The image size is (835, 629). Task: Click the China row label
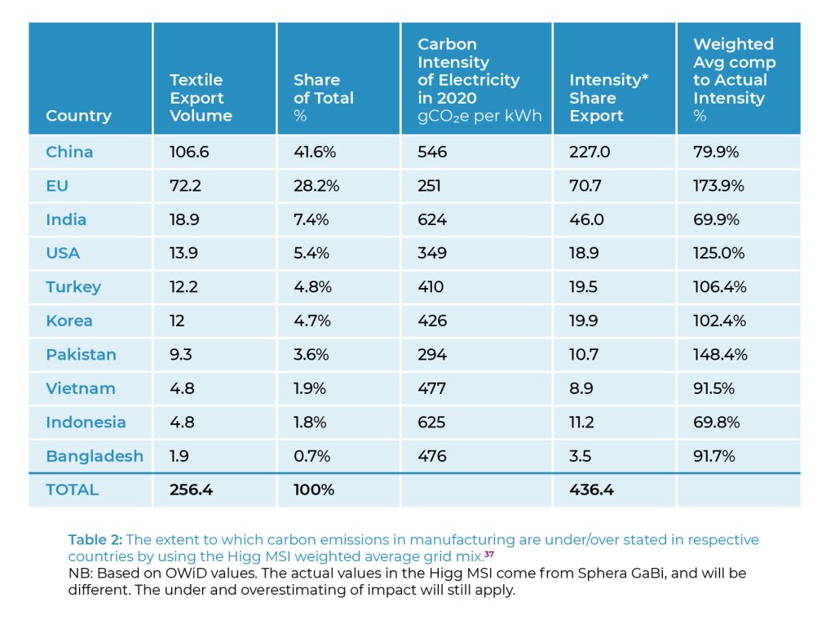coord(69,152)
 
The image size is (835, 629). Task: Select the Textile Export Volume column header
coord(201,98)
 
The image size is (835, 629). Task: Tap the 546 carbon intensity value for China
coord(432,152)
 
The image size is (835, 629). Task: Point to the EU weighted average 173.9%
coord(718,186)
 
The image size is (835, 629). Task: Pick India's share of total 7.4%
coord(311,219)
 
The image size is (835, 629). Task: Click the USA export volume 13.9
coord(183,253)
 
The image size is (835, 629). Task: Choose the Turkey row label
coord(73,287)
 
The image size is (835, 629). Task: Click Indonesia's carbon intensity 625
coord(432,422)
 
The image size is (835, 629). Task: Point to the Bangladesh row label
coord(95,456)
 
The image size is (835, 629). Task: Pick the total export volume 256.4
coord(191,489)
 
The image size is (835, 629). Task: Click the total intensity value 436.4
coord(591,489)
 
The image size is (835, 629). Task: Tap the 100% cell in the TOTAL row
coord(314,489)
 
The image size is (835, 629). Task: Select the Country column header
coord(78,116)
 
